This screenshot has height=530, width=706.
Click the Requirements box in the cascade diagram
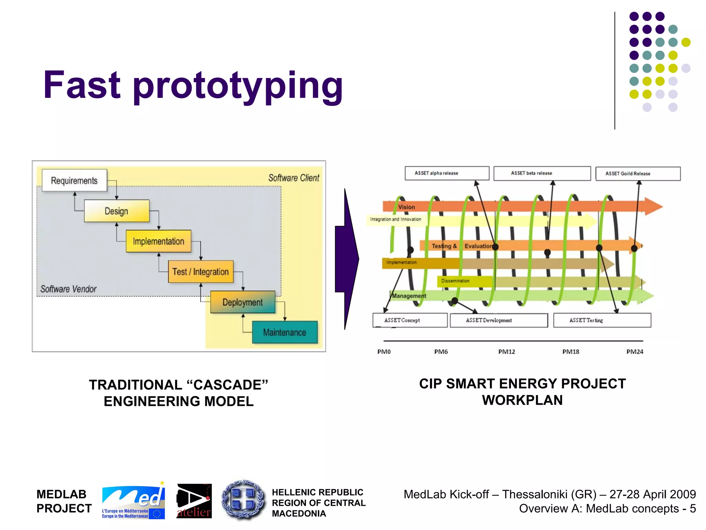pos(74,180)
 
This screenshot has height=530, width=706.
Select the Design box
pos(117,211)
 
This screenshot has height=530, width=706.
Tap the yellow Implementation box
pos(158,241)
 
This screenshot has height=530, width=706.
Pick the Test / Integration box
pos(201,272)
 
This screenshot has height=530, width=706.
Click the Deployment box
pos(243,302)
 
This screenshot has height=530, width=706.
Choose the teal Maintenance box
pos(285,332)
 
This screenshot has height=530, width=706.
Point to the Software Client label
pos(294,178)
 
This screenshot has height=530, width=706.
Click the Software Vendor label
pos(68,289)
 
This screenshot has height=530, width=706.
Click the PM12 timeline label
pos(506,352)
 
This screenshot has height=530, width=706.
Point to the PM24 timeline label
pos(635,352)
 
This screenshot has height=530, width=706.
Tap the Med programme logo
pos(133,500)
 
